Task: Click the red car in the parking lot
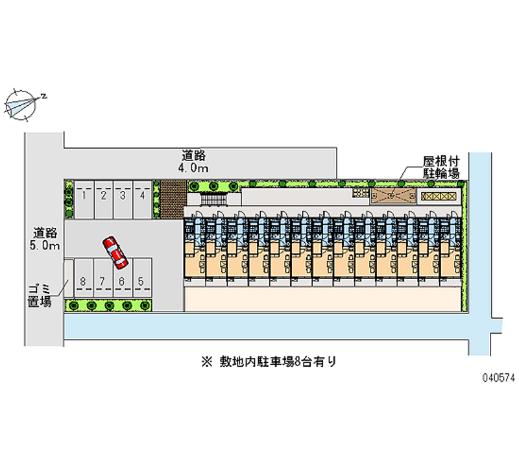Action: point(115,253)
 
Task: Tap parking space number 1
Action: point(84,199)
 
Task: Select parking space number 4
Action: point(142,199)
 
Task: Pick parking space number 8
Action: point(83,278)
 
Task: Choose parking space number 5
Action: point(142,278)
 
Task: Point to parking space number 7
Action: point(103,278)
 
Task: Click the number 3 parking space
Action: point(123,199)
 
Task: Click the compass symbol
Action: point(21,105)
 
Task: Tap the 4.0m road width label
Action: point(193,168)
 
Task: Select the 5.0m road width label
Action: point(45,245)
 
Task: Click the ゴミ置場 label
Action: point(40,295)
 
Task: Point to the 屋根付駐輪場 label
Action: point(441,168)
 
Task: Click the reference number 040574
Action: point(498,378)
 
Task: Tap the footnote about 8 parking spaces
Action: point(269,362)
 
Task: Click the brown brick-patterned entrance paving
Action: point(173,199)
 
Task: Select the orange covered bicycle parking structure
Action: point(393,196)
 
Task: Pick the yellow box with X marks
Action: point(439,197)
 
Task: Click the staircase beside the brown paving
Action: point(214,199)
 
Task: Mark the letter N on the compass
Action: point(43,96)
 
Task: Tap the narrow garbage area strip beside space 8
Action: point(69,278)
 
